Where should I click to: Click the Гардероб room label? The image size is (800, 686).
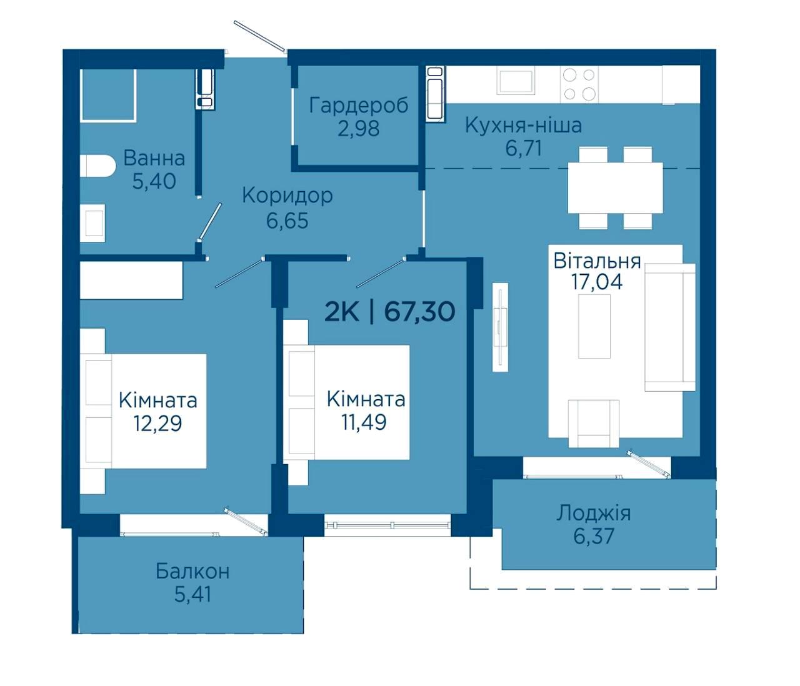[x=358, y=105]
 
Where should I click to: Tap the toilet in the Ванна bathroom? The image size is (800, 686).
[x=97, y=166]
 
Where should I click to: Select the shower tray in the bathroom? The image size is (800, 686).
[x=108, y=95]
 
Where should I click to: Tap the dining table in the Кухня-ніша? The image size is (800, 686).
[x=615, y=187]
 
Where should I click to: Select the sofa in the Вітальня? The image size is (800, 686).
[x=669, y=327]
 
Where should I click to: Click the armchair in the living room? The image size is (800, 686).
[x=593, y=423]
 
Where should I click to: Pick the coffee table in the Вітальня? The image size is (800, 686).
[x=594, y=326]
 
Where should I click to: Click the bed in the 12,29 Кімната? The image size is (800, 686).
[x=143, y=411]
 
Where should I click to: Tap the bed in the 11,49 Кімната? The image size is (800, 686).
[x=346, y=402]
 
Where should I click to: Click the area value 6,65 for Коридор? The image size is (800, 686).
[x=287, y=221]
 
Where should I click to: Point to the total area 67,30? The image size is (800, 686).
[x=419, y=312]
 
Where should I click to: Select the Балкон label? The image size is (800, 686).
[x=192, y=571]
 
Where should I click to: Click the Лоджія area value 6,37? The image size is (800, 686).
[x=594, y=536]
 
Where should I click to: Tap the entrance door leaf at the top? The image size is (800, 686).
[x=260, y=36]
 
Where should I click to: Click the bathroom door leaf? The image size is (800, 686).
[x=210, y=222]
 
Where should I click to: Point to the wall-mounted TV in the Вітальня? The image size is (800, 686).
[x=500, y=327]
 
